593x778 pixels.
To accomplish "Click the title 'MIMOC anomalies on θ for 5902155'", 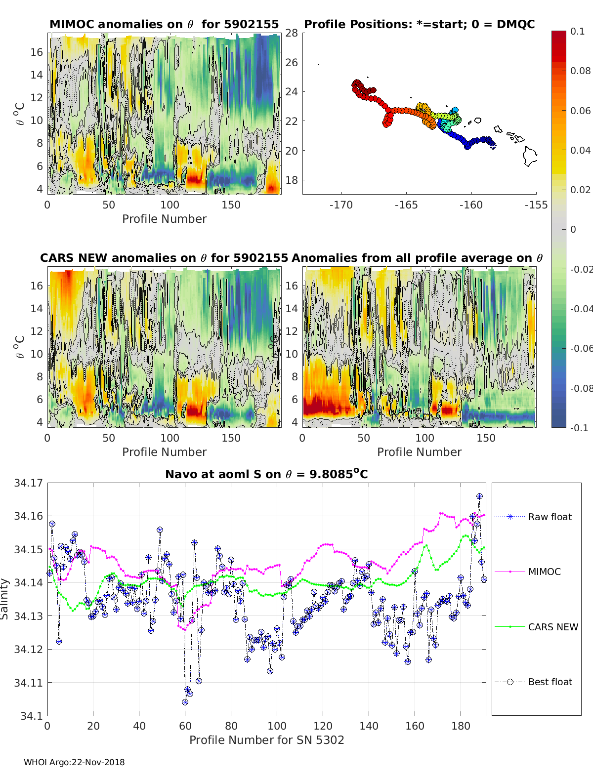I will (164, 24).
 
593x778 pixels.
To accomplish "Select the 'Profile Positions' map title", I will (419, 24).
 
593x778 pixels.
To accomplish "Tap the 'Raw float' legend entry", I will (550, 517).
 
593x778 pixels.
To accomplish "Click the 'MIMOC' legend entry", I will (544, 572).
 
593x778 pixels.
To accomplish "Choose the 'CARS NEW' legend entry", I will (552, 627).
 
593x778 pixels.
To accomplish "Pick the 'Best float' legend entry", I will (550, 682).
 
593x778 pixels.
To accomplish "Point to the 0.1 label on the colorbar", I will (577, 31).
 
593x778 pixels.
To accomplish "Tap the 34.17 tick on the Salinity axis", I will (29, 483).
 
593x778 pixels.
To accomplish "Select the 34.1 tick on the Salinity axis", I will (32, 716).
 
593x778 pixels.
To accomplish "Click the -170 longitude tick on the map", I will (341, 205).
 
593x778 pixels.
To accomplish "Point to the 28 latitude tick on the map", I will (292, 33).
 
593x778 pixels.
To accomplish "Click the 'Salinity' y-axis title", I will (4, 599).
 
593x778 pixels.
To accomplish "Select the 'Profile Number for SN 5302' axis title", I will (266, 739).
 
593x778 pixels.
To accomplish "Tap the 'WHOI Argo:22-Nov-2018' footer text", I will (74, 762).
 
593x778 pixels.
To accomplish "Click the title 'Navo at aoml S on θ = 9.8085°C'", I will (266, 474).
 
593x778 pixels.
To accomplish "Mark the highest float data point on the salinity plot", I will (479, 496).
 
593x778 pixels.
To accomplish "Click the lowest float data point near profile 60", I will (185, 702).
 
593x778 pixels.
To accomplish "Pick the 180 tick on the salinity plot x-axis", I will (461, 726).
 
